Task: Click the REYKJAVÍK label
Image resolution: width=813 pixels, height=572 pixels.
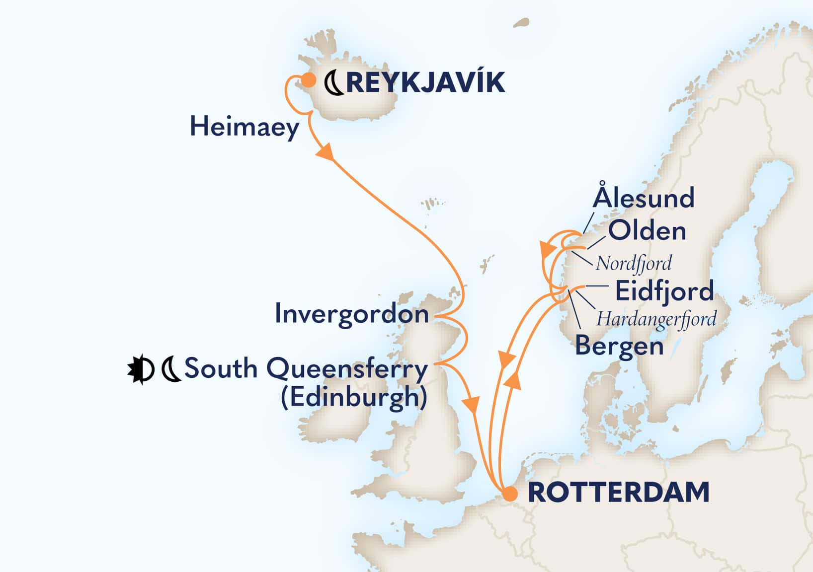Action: [x=425, y=82]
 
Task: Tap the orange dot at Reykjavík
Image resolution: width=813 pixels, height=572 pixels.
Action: [x=309, y=79]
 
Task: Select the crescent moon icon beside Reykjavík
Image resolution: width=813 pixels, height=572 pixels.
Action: [x=334, y=83]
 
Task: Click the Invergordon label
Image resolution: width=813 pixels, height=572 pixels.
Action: [x=351, y=314]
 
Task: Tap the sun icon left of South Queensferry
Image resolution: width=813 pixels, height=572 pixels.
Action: [x=139, y=370]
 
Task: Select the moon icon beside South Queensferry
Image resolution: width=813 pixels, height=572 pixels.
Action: [x=171, y=370]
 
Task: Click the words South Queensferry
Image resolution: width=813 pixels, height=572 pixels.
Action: [x=306, y=369]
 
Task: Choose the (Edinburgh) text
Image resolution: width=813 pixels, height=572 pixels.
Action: [x=354, y=397]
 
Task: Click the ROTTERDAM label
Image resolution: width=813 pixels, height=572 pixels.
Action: [x=618, y=493]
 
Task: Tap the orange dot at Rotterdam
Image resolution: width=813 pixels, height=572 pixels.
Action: [x=509, y=495]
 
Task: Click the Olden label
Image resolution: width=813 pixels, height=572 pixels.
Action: [x=647, y=231]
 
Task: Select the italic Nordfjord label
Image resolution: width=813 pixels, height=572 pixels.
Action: [x=634, y=263]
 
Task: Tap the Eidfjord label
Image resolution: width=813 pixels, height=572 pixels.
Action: [x=664, y=291]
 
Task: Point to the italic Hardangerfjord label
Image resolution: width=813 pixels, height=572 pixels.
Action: [x=656, y=319]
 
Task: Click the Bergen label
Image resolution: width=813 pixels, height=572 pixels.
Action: [x=619, y=346]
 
